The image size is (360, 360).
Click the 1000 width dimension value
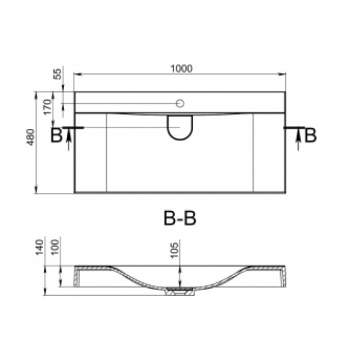[x=181, y=68]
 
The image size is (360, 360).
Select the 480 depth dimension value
[x=31, y=137]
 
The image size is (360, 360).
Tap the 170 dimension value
[x=48, y=107]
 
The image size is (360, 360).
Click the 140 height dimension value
[x=40, y=247]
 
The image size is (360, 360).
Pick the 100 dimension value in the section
[x=55, y=247]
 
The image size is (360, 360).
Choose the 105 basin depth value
[x=174, y=250]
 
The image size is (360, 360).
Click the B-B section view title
[x=180, y=218]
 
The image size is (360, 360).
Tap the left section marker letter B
[x=57, y=135]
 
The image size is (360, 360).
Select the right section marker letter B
[x=310, y=135]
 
